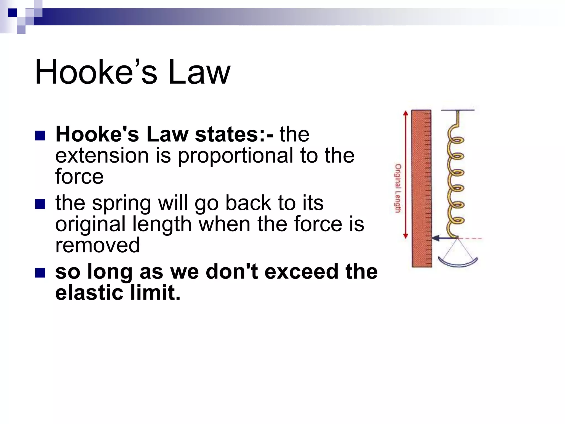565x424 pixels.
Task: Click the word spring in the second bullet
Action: [121, 204]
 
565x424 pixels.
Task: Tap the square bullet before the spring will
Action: [40, 204]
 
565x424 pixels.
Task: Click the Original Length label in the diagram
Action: [398, 188]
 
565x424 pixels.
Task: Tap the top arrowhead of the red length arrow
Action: [405, 113]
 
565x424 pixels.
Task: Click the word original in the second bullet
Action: [90, 224]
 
